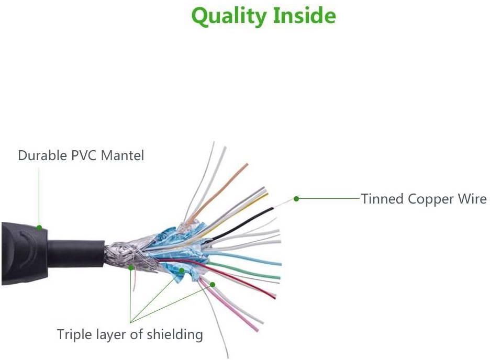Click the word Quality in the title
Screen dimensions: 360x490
pos(229,16)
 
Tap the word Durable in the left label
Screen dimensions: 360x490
pos(41,155)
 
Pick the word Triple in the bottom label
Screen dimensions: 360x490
pos(74,334)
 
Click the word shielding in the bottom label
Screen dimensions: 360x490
pos(174,334)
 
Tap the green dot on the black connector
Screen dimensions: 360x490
pos(39,228)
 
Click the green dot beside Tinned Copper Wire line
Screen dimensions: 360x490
pos(296,199)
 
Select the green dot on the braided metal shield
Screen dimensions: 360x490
pos(131,267)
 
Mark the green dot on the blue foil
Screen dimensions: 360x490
pos(181,271)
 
